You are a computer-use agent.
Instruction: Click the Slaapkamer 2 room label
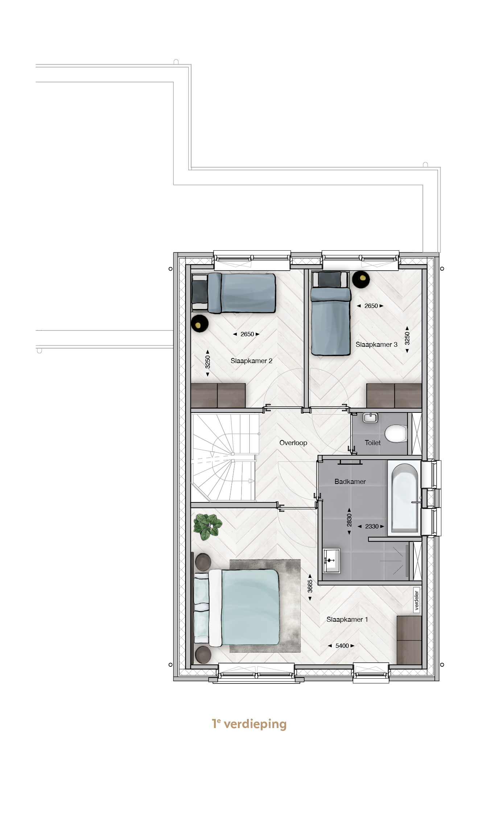pyautogui.click(x=251, y=361)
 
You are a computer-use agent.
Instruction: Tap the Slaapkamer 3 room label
pyautogui.click(x=376, y=344)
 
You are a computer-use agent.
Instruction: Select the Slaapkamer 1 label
pyautogui.click(x=347, y=619)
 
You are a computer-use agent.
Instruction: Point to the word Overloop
pyautogui.click(x=293, y=443)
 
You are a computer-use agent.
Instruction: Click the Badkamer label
pyautogui.click(x=350, y=481)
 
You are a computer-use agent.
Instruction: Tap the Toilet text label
pyautogui.click(x=372, y=443)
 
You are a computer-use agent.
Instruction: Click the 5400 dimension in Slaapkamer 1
pyautogui.click(x=342, y=646)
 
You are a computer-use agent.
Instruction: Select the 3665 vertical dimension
pyautogui.click(x=310, y=586)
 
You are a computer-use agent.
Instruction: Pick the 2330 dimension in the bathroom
pyautogui.click(x=372, y=526)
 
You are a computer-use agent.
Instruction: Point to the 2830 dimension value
pyautogui.click(x=349, y=520)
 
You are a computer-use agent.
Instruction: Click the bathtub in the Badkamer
pyautogui.click(x=404, y=498)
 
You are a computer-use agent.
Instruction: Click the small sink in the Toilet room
pyautogui.click(x=370, y=418)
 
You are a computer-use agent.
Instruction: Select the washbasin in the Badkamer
pyautogui.click(x=331, y=561)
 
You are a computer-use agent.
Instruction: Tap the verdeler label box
pyautogui.click(x=417, y=600)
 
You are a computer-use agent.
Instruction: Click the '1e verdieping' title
pyautogui.click(x=249, y=724)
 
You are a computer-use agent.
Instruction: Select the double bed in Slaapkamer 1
pyautogui.click(x=237, y=607)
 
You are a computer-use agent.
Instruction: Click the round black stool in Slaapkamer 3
pyautogui.click(x=361, y=279)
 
